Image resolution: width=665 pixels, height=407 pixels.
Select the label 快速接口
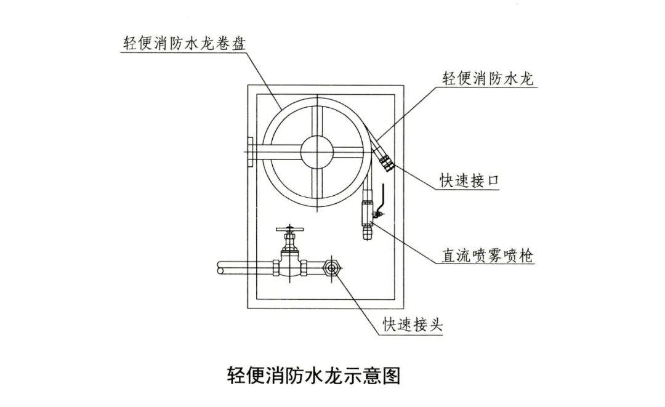tap(467, 180)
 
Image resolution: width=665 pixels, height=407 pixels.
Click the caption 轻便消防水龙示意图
tap(314, 375)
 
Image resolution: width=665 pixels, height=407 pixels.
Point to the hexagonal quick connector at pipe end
tap(332, 268)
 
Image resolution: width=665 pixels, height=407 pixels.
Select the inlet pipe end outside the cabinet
tap(222, 268)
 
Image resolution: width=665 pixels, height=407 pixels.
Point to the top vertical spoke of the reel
tap(317, 116)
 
